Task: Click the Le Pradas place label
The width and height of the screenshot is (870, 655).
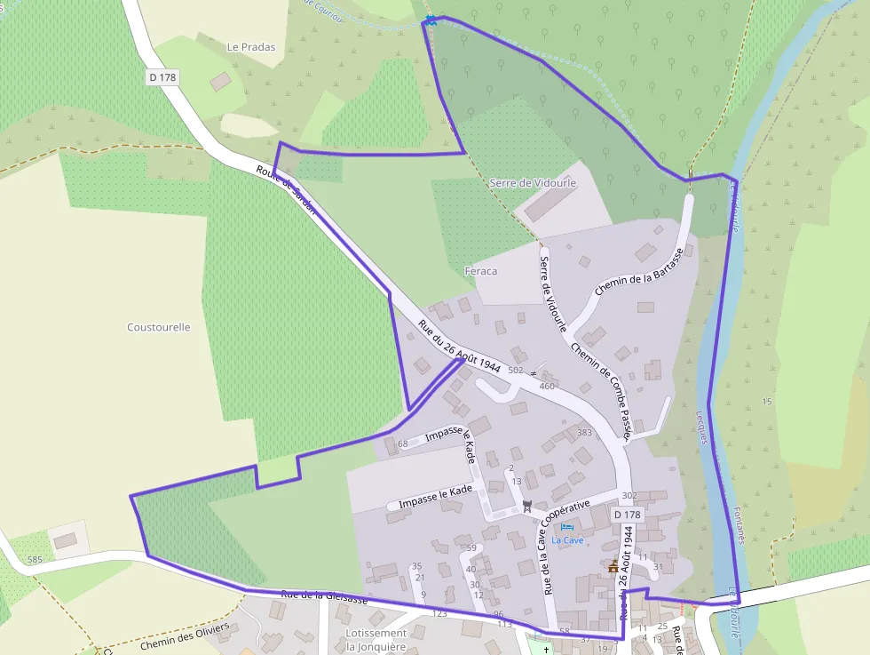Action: click(x=251, y=47)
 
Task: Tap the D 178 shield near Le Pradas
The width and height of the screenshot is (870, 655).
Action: click(x=163, y=77)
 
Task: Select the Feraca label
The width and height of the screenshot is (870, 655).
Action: click(x=480, y=271)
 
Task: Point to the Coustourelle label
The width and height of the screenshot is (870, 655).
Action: click(x=159, y=327)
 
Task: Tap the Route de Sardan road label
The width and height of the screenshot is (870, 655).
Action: click(x=286, y=190)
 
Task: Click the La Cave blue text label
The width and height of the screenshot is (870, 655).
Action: click(x=567, y=539)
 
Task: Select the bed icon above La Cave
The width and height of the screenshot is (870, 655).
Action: click(x=567, y=527)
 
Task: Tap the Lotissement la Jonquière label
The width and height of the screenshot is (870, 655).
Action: click(x=376, y=640)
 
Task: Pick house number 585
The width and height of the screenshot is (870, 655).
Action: click(x=35, y=559)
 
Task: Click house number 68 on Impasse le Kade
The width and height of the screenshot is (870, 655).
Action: click(x=402, y=443)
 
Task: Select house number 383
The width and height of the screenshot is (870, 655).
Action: click(x=584, y=433)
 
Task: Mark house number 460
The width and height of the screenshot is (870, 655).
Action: click(x=547, y=386)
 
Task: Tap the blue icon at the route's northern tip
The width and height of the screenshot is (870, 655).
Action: click(x=431, y=20)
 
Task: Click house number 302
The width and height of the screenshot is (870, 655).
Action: click(x=629, y=495)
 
